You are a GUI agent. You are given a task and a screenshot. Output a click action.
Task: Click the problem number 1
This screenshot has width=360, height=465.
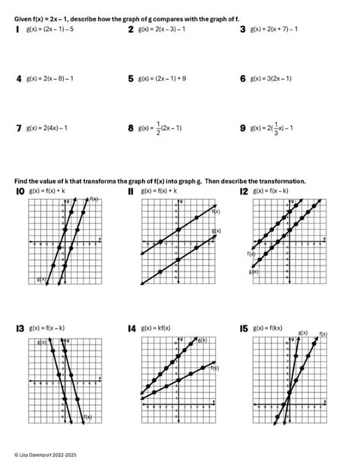tap(17, 30)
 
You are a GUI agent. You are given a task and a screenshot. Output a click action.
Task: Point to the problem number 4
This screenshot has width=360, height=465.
tap(18, 78)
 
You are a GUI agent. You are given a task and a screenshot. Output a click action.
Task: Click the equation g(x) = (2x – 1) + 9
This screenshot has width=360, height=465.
tap(164, 78)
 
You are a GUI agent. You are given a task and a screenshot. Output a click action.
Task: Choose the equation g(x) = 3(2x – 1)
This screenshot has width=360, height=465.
tap(273, 78)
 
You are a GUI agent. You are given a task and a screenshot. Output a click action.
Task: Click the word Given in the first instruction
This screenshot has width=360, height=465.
tap(23, 16)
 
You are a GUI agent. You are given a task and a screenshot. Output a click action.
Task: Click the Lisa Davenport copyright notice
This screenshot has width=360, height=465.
tap(45, 454)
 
